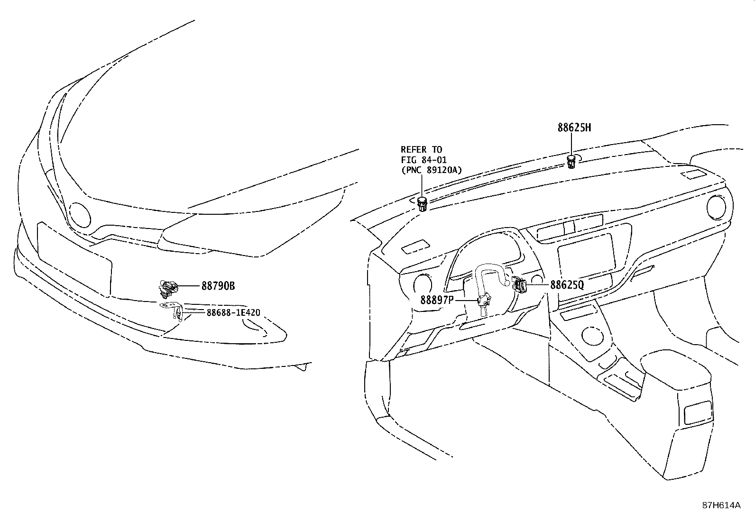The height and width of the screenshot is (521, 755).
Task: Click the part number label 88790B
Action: (x=218, y=286)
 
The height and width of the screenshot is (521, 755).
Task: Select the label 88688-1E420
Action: (x=233, y=313)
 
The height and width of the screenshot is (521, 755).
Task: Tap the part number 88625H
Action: (x=574, y=128)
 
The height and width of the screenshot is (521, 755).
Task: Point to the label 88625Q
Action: (x=567, y=285)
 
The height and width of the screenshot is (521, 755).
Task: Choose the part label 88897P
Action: (x=437, y=300)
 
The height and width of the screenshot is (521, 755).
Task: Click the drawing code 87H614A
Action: (x=721, y=505)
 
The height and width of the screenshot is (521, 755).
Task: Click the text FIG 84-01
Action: (x=424, y=160)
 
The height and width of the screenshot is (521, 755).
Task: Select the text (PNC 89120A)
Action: (x=431, y=170)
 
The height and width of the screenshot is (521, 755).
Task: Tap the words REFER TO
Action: (x=421, y=149)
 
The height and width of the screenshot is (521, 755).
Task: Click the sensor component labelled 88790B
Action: (x=168, y=289)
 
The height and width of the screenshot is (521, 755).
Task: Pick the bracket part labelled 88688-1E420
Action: (x=173, y=311)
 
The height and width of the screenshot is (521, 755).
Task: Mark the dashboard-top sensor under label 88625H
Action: (x=571, y=162)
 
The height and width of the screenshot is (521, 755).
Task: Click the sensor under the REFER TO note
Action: (x=423, y=204)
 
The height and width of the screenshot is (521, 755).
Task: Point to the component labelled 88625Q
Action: (x=519, y=284)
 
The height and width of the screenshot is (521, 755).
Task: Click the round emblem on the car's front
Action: (x=80, y=215)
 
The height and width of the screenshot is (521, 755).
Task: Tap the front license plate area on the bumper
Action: (x=74, y=259)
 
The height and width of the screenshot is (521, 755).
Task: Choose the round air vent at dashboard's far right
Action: (x=716, y=206)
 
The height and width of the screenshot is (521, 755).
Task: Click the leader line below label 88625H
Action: (x=571, y=144)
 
